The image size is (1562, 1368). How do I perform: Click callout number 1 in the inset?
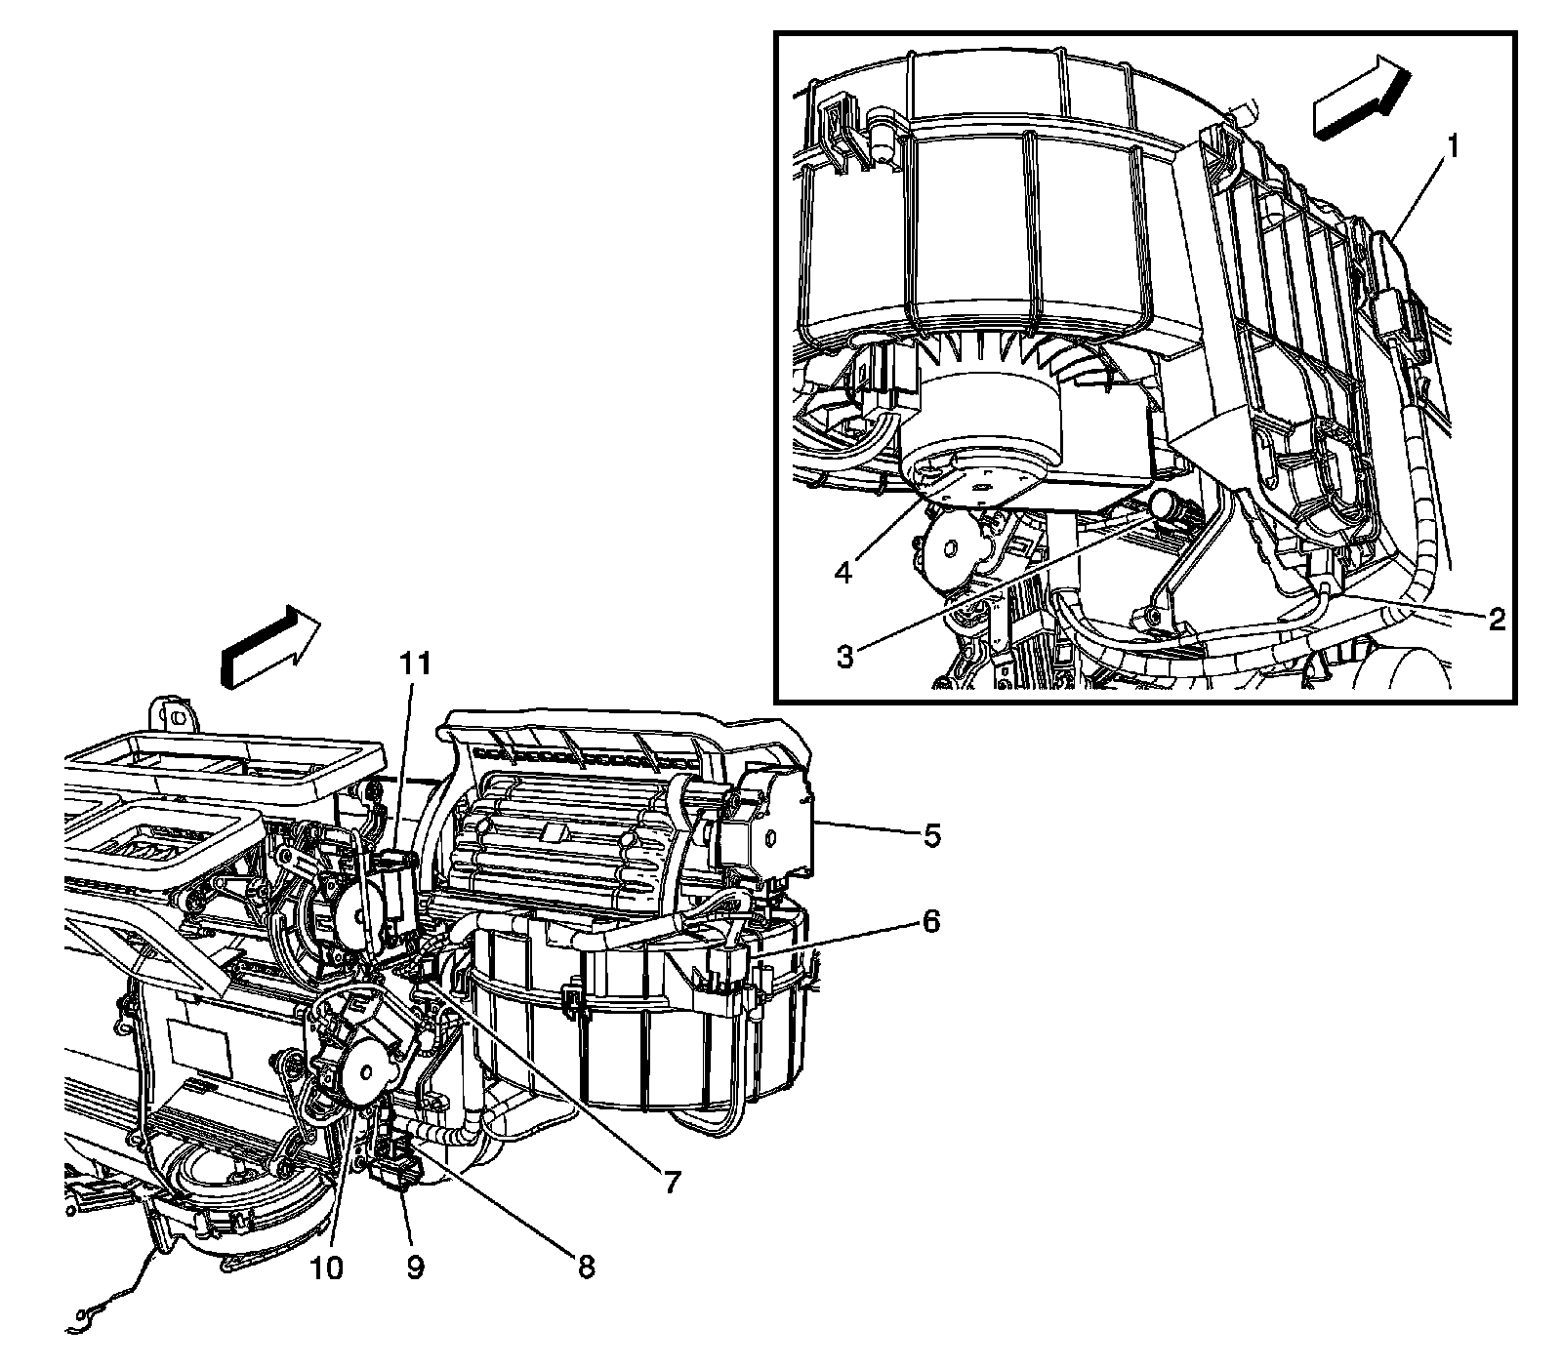click(x=1453, y=148)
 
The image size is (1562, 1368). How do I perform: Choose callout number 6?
click(x=930, y=921)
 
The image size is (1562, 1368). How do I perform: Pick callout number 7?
click(x=671, y=1182)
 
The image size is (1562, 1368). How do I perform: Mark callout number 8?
click(x=585, y=1267)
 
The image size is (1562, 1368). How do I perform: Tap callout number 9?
click(x=415, y=1267)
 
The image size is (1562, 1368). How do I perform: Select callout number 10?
click(x=328, y=1267)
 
